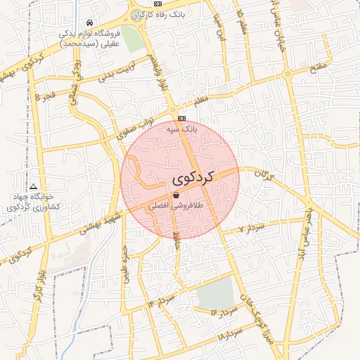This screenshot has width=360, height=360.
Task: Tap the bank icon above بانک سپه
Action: pyautogui.click(x=181, y=118)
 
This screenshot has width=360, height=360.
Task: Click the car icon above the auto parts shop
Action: pyautogui.click(x=89, y=22)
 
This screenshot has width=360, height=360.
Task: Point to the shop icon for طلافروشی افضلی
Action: pyautogui.click(x=176, y=195)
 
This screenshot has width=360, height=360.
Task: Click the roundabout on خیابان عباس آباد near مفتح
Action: pyautogui.click(x=287, y=72)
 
